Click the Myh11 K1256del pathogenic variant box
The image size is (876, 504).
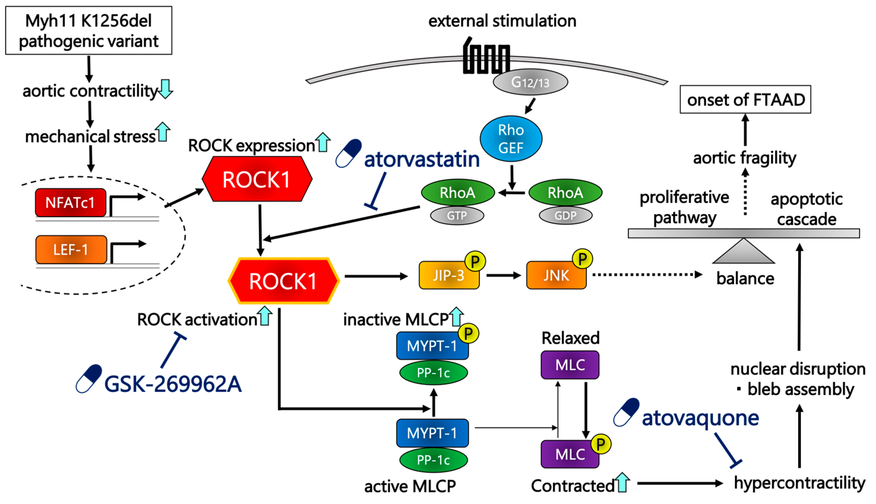coord(89,30)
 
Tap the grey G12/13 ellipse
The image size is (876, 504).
coord(530,82)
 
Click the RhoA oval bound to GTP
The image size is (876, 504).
coord(458,193)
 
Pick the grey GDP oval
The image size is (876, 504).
coord(566,215)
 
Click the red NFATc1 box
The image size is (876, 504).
coord(71,203)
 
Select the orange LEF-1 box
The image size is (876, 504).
coord(71,250)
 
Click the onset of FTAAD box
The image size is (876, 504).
coord(745,99)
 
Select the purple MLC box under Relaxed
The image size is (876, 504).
coord(570,365)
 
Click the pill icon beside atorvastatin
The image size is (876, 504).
coord(349,153)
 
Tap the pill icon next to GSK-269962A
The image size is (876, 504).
coord(89,379)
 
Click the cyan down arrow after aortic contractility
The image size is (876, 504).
coord(166,89)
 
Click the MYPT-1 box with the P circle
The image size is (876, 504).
coord(432,346)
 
